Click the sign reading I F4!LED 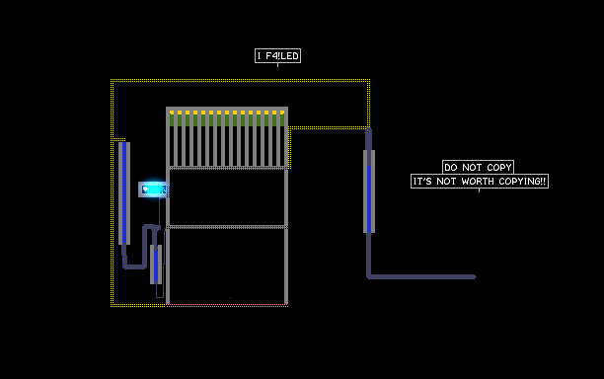(277, 56)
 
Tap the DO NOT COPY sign (478, 167)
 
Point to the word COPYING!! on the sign (522, 181)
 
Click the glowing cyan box (153, 189)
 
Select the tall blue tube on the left (124, 193)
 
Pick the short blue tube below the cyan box (156, 265)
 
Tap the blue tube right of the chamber (369, 191)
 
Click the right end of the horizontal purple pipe (476, 276)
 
